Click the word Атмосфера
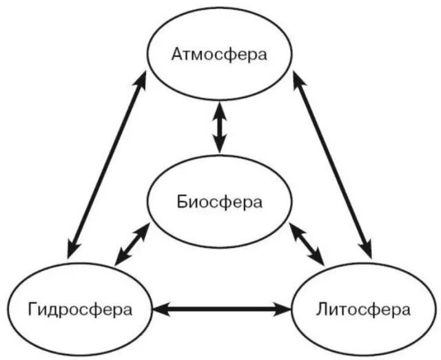[218, 54]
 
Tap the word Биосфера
[219, 202]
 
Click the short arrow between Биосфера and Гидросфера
[133, 244]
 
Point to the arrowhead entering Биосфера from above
[219, 146]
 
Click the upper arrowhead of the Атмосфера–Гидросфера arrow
[141, 80]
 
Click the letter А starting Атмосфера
[176, 54]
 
